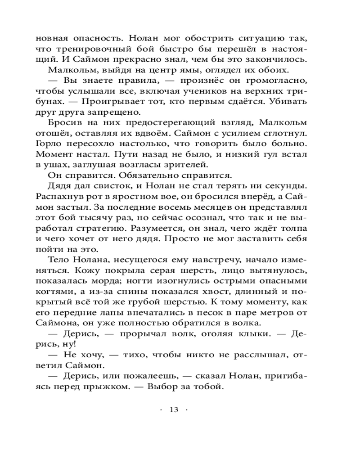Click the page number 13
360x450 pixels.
[x=174, y=409]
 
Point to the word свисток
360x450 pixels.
[x=103, y=186]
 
